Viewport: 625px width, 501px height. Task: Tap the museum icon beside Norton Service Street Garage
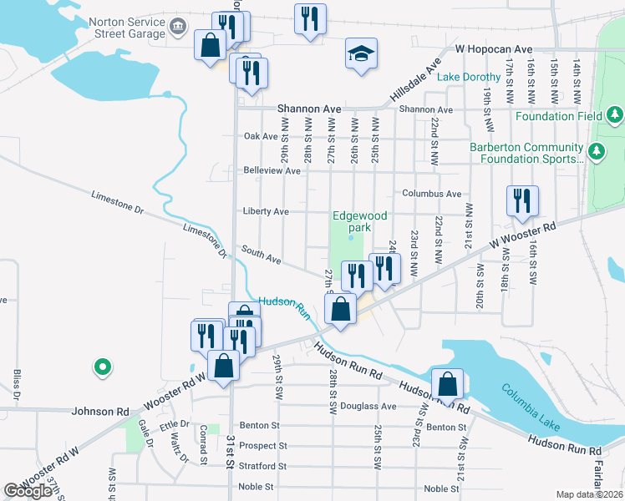178,27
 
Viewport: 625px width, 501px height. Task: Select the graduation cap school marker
361,55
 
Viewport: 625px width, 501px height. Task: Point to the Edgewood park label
359,221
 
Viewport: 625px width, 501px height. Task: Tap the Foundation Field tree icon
614,114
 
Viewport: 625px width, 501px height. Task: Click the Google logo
28,491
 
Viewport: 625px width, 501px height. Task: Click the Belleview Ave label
272,170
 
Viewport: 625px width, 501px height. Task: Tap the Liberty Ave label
265,211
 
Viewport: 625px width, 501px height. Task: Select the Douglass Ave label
373,407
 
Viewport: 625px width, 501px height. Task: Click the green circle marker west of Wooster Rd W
102,366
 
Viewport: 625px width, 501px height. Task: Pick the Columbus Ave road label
431,194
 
